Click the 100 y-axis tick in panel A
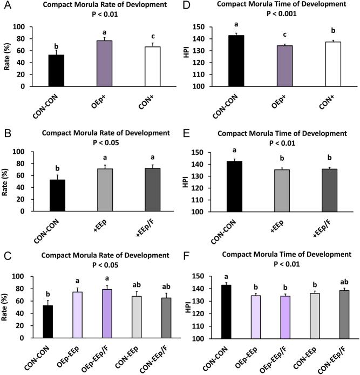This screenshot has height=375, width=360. tap(20, 27)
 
